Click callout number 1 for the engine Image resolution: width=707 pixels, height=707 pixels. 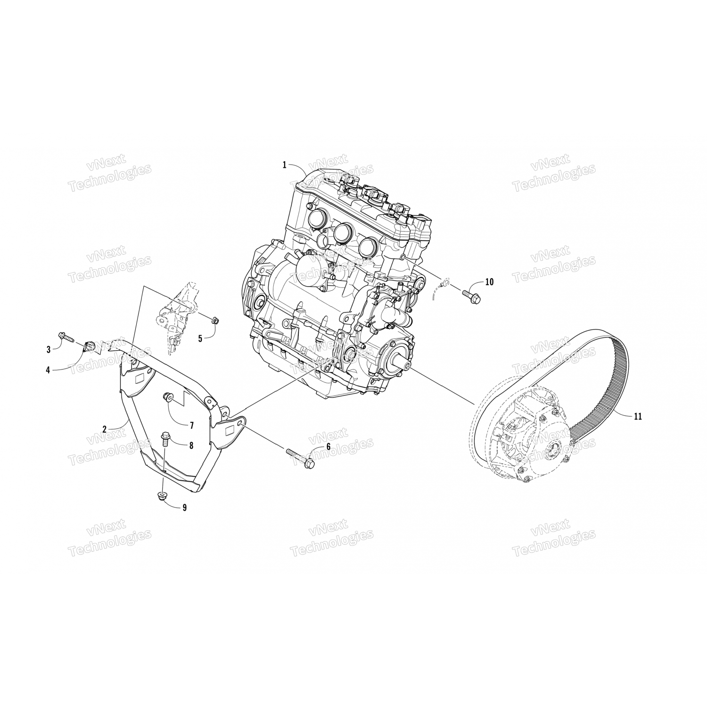coord(285,164)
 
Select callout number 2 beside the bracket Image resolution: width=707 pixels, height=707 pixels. coord(105,429)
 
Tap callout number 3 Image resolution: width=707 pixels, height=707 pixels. coord(49,349)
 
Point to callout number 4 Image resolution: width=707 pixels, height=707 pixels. coord(48,370)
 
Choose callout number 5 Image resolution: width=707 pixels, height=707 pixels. coord(200,338)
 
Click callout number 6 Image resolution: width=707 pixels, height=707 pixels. coord(328,448)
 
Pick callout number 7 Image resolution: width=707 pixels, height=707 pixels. coord(192,426)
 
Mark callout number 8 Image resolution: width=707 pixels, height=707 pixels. coord(191,444)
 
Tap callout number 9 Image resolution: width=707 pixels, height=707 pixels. coord(185,508)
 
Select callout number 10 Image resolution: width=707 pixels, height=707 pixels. coord(489,282)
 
